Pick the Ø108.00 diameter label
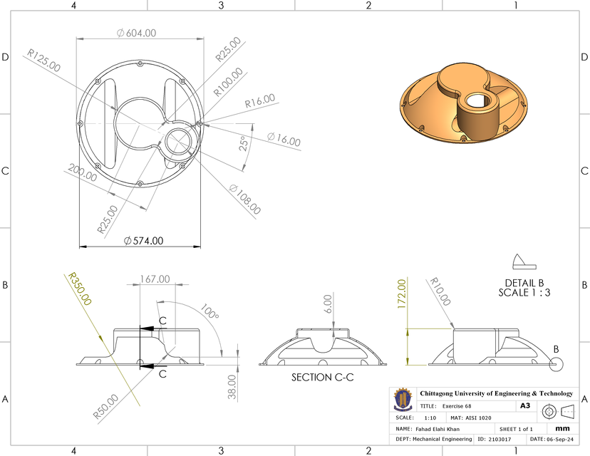(x=244, y=199)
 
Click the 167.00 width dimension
(x=155, y=279)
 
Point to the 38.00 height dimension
(x=231, y=387)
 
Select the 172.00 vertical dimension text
(x=401, y=294)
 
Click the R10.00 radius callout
(x=441, y=291)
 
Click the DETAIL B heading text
(x=524, y=282)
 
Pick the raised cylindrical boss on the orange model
(x=480, y=116)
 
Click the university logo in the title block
(x=404, y=407)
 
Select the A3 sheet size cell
(x=525, y=405)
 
